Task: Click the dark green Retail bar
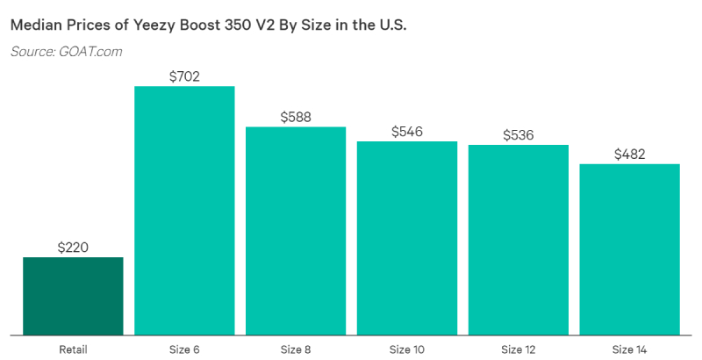click(73, 296)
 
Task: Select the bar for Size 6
click(184, 211)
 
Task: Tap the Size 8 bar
click(296, 231)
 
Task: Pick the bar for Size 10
click(407, 238)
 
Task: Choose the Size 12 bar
click(519, 240)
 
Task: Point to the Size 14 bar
click(630, 249)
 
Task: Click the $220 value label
click(73, 248)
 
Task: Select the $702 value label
click(184, 76)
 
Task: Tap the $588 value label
click(296, 117)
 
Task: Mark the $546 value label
click(407, 132)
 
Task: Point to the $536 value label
click(519, 135)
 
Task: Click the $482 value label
click(630, 155)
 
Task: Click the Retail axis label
click(73, 349)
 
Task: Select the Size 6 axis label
click(184, 349)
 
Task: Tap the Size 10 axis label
click(407, 349)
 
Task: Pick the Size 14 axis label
click(630, 349)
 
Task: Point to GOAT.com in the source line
click(90, 52)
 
